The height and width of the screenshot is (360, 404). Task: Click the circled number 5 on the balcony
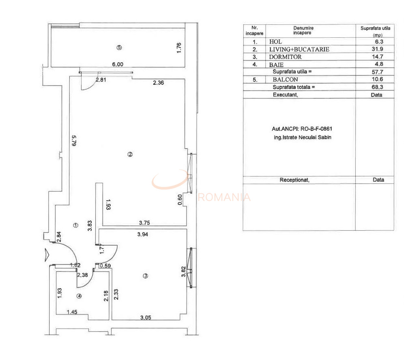[119, 47]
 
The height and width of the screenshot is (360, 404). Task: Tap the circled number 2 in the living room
[130, 154]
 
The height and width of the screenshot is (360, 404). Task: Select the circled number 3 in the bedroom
[146, 276]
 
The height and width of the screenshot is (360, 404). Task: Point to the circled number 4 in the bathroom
[79, 296]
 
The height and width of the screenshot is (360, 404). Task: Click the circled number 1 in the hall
[75, 225]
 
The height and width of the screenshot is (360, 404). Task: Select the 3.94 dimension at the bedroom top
[143, 234]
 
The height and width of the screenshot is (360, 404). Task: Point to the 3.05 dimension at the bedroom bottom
[146, 318]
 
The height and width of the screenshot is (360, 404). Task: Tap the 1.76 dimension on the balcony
[179, 47]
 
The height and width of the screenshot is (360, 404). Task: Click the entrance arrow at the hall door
[47, 254]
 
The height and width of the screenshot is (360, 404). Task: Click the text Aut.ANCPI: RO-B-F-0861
[299, 129]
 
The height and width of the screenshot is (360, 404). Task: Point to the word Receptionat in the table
[294, 180]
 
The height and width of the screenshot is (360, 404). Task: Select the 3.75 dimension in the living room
[145, 222]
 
